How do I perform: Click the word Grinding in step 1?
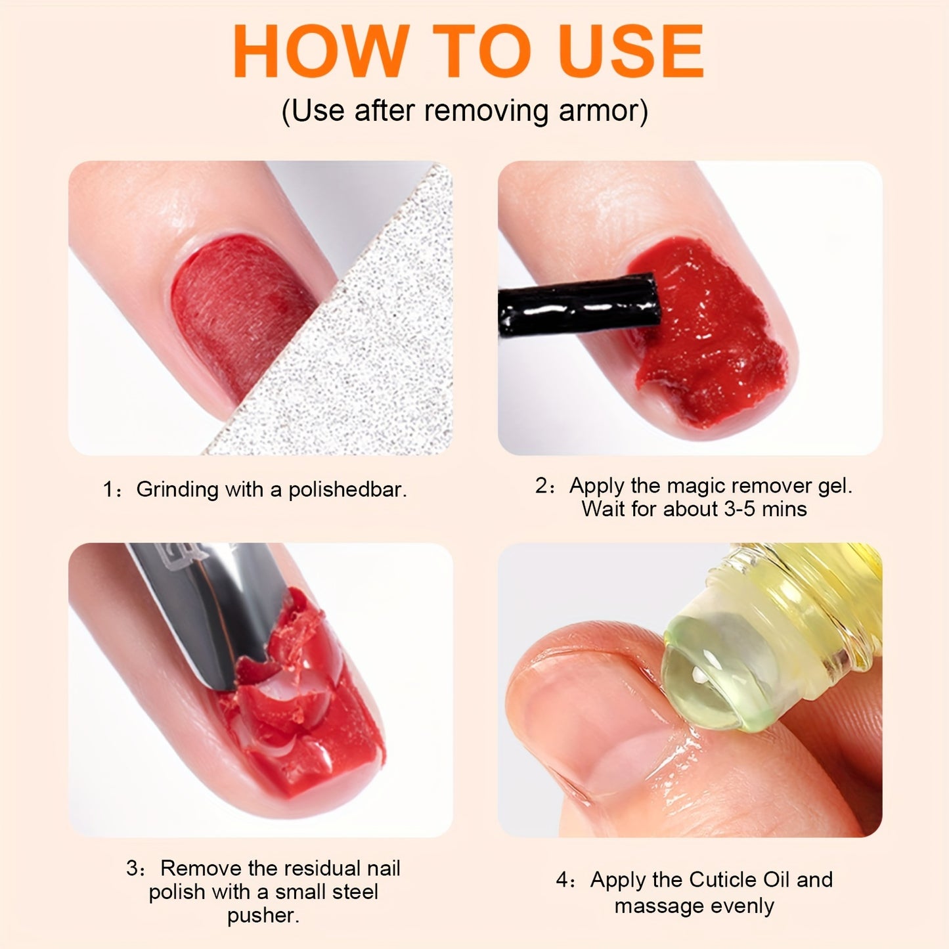(x=177, y=490)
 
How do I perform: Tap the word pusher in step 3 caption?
(x=262, y=916)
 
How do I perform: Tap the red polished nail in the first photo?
(x=236, y=309)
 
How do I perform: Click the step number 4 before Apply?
(x=562, y=880)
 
